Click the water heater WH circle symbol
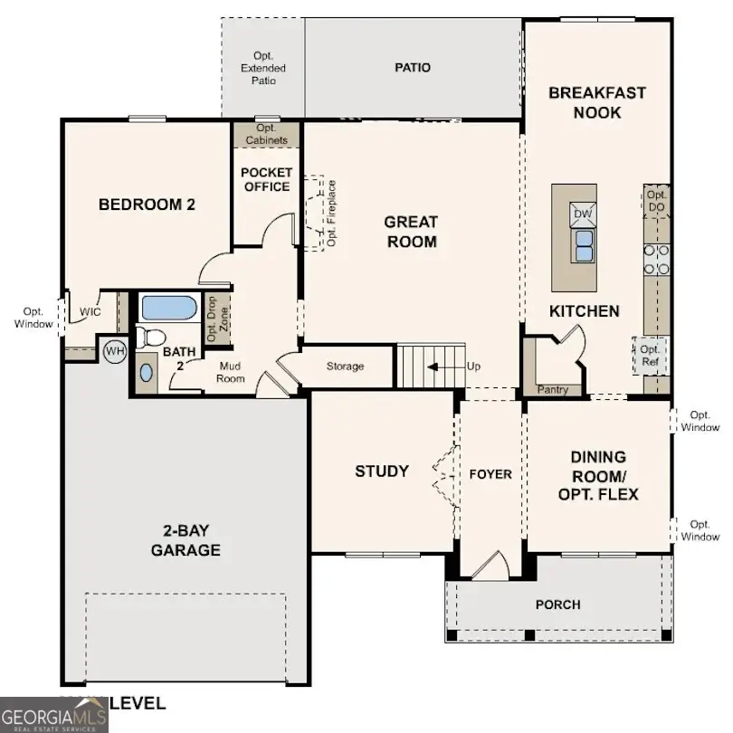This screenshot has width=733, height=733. click(115, 350)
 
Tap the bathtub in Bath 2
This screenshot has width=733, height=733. click(168, 309)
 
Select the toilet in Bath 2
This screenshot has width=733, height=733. click(151, 338)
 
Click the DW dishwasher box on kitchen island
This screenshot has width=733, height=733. click(581, 214)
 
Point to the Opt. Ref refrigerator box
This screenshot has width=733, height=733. click(649, 355)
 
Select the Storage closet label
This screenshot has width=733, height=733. click(345, 366)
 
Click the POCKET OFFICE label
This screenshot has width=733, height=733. click(265, 179)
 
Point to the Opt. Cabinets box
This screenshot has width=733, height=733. click(266, 135)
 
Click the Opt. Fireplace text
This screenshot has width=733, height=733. click(332, 214)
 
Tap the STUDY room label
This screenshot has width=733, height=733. click(381, 471)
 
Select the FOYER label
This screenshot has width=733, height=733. click(490, 474)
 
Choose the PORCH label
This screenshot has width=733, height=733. click(557, 604)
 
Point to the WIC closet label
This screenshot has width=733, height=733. click(90, 311)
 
